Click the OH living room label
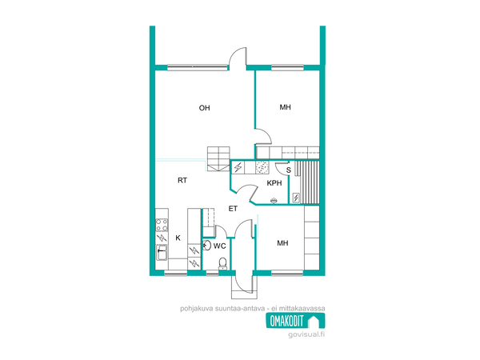tap(205, 108)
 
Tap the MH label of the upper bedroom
tap(286, 107)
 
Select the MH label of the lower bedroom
tap(282, 243)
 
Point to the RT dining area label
tap(182, 180)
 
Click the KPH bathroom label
tap(274, 183)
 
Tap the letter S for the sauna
tap(288, 170)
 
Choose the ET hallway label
tap(233, 209)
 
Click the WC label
tap(219, 246)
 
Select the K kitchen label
tap(178, 238)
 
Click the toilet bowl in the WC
tap(222, 263)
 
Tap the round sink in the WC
tap(207, 246)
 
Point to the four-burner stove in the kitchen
tap(162, 225)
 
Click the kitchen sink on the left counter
tap(162, 253)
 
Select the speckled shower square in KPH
tap(262, 167)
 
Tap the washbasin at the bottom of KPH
tap(274, 201)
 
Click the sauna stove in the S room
tap(296, 198)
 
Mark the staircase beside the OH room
tap(218, 158)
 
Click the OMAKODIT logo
tap(295, 321)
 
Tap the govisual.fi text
tap(306, 334)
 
